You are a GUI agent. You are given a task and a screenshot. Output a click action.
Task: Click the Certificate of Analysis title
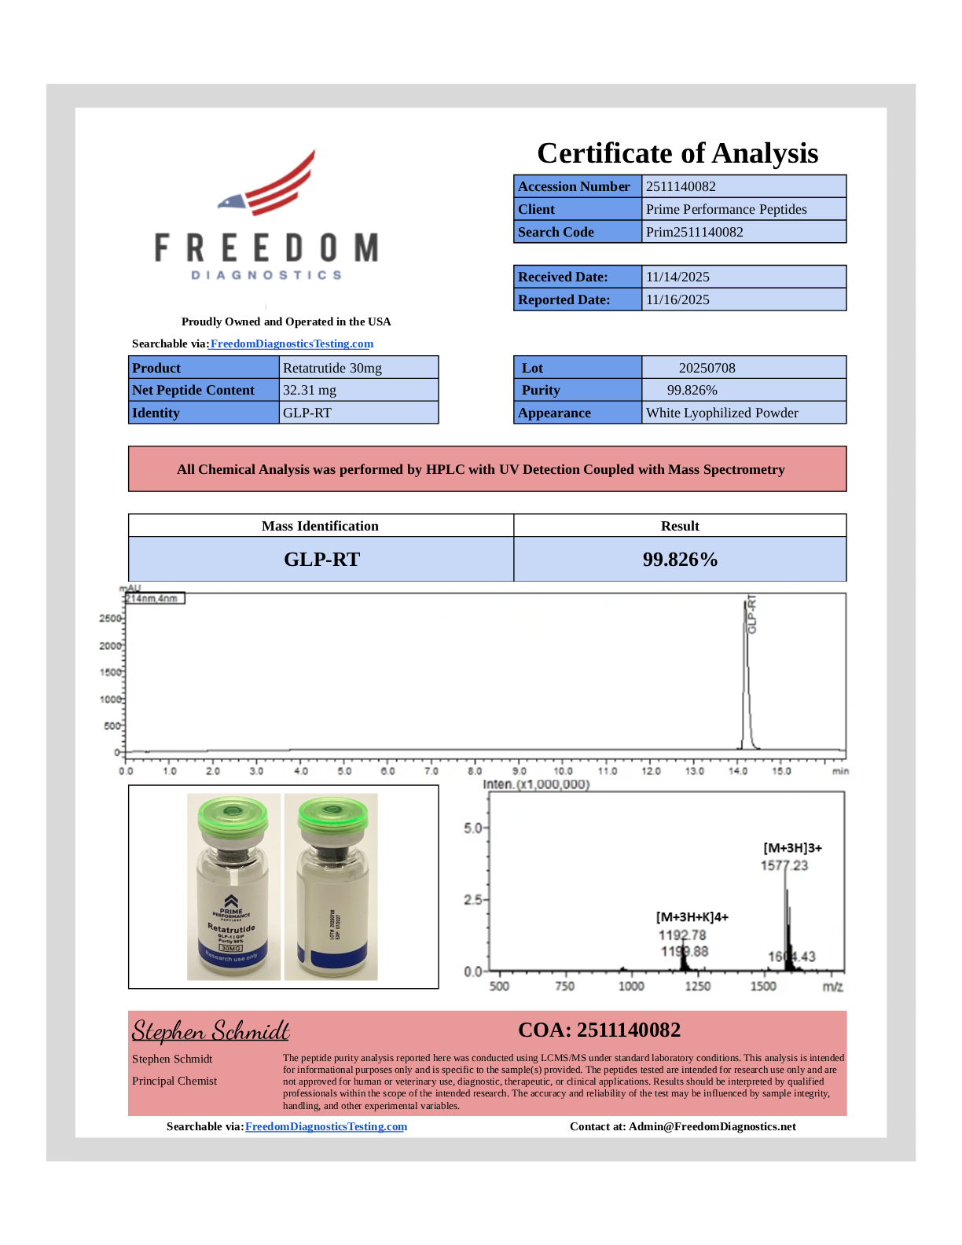(677, 153)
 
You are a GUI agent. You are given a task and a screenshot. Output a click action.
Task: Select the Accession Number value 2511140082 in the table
(681, 186)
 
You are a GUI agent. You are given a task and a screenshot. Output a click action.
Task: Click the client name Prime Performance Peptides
(726, 209)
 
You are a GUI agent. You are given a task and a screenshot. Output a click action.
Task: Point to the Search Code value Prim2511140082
(694, 232)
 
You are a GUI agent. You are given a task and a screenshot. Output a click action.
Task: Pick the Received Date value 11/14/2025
(677, 277)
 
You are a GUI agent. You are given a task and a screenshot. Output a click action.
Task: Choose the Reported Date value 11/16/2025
(677, 299)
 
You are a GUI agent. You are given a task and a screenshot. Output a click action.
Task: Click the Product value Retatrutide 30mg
(332, 368)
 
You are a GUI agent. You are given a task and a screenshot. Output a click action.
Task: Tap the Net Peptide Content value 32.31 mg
(310, 390)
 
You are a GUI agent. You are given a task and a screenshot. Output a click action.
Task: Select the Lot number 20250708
(707, 368)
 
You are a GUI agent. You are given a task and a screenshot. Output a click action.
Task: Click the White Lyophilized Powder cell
(721, 413)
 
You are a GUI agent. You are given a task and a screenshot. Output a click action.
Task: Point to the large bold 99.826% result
(680, 560)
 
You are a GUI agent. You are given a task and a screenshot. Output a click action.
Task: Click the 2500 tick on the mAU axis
(110, 619)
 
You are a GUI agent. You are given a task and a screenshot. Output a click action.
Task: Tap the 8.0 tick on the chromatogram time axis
(475, 771)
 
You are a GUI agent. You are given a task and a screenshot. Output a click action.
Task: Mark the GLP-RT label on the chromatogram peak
(752, 614)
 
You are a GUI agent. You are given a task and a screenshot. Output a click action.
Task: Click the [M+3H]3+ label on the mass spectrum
(792, 848)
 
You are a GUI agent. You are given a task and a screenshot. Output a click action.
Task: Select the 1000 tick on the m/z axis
(631, 986)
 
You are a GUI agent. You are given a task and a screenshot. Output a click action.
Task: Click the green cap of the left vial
(233, 814)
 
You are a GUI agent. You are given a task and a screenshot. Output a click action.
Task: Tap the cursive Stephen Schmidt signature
(211, 1030)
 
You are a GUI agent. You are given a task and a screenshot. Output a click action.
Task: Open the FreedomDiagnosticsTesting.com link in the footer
(326, 1126)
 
